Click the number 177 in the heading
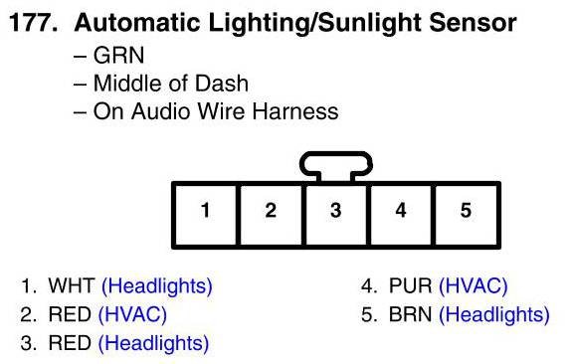pyautogui.click(x=33, y=23)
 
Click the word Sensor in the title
pyautogui.click(x=473, y=23)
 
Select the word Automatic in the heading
pyautogui.click(x=137, y=23)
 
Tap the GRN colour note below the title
pyautogui.click(x=118, y=56)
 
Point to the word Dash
pyautogui.click(x=222, y=84)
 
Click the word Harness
pyautogui.click(x=295, y=111)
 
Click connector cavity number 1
pyautogui.click(x=206, y=215)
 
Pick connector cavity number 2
pyautogui.click(x=271, y=215)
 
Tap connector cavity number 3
pyautogui.click(x=336, y=215)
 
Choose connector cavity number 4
pyautogui.click(x=401, y=215)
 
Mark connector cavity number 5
pyautogui.click(x=467, y=215)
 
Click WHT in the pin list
pyautogui.click(x=72, y=285)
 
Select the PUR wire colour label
pyautogui.click(x=411, y=285)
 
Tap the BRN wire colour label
pyautogui.click(x=410, y=314)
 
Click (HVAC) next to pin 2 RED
pyautogui.click(x=132, y=315)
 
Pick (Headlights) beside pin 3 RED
pyautogui.click(x=153, y=344)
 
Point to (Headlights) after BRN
pyautogui.click(x=494, y=315)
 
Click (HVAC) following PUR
pyautogui.click(x=474, y=286)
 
